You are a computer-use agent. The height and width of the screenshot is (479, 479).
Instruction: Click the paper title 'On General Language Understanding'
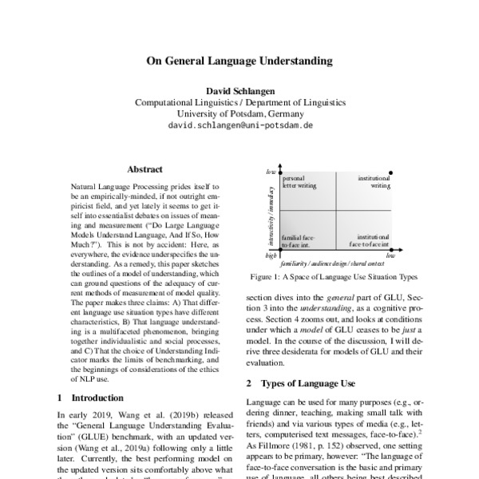239,60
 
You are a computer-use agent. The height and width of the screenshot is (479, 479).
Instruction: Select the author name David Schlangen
239,91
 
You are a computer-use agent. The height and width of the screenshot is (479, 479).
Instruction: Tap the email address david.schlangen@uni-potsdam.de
239,126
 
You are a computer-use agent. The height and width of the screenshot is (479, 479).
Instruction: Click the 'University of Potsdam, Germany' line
239,114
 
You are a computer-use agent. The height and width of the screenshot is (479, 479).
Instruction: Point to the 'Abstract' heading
145,169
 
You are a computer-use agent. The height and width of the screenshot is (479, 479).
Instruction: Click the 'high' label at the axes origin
271,255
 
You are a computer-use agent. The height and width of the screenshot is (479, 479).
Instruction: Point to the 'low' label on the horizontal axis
390,256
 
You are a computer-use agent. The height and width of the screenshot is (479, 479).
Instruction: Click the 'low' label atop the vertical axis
271,172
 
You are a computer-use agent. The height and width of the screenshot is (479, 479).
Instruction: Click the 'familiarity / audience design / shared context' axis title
332,262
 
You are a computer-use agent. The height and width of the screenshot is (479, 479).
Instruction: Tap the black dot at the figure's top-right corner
391,173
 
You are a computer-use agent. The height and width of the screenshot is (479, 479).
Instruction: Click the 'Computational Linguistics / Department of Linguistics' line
239,103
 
